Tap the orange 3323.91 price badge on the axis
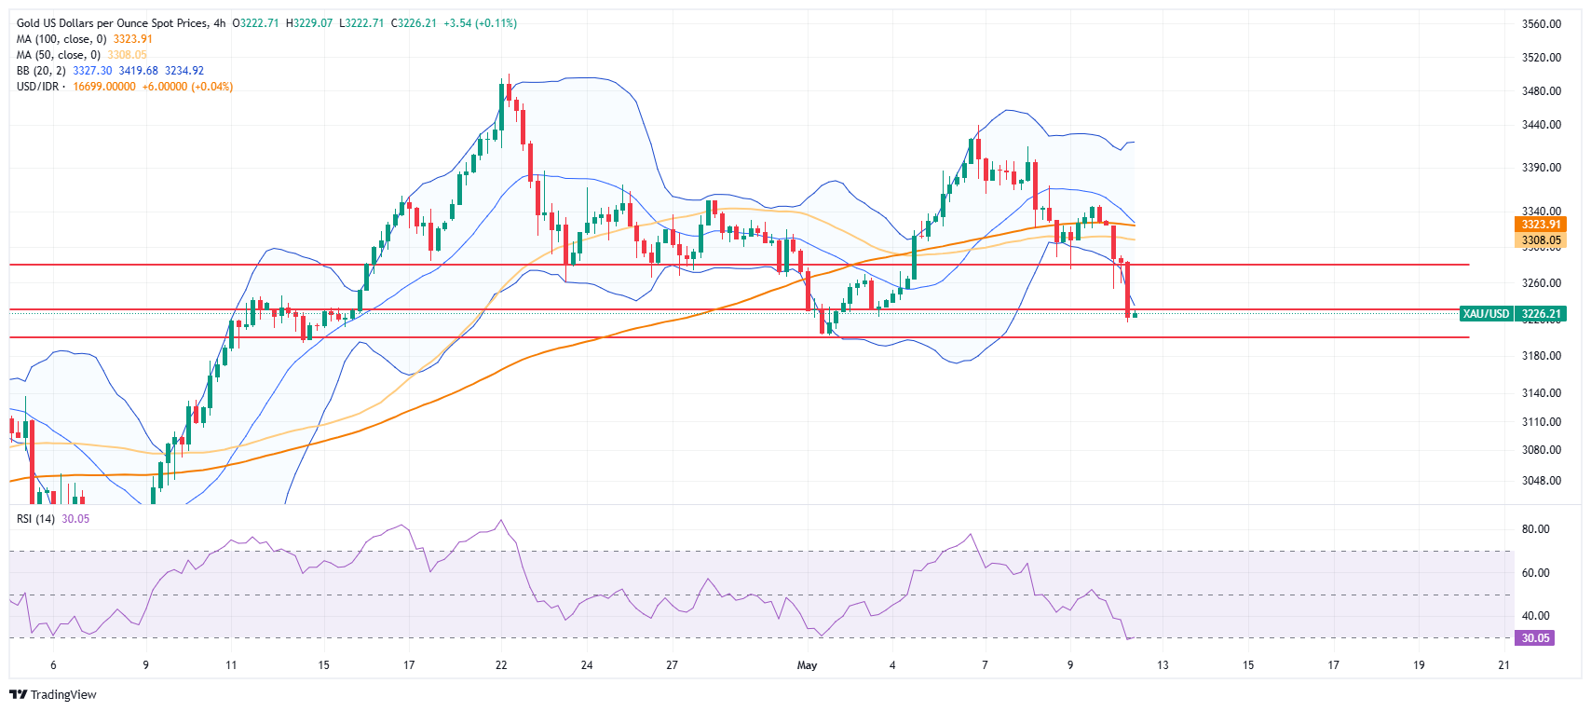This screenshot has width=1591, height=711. (1541, 225)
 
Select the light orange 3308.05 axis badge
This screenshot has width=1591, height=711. (1541, 240)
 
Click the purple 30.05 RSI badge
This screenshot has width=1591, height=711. (1535, 638)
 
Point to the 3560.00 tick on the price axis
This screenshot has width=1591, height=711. (1541, 24)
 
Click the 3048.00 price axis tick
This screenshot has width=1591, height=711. (1541, 481)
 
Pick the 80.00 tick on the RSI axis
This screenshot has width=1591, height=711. (1535, 529)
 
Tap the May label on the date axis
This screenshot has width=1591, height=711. (807, 665)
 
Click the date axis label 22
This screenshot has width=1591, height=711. (501, 665)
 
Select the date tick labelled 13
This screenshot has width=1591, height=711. (1163, 665)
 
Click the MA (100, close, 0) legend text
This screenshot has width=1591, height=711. (61, 39)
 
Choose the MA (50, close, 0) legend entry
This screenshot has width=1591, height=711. (59, 55)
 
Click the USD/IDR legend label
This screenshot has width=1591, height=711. (37, 87)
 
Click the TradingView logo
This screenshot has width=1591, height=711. (53, 695)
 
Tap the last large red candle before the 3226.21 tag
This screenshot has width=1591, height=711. (1128, 289)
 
